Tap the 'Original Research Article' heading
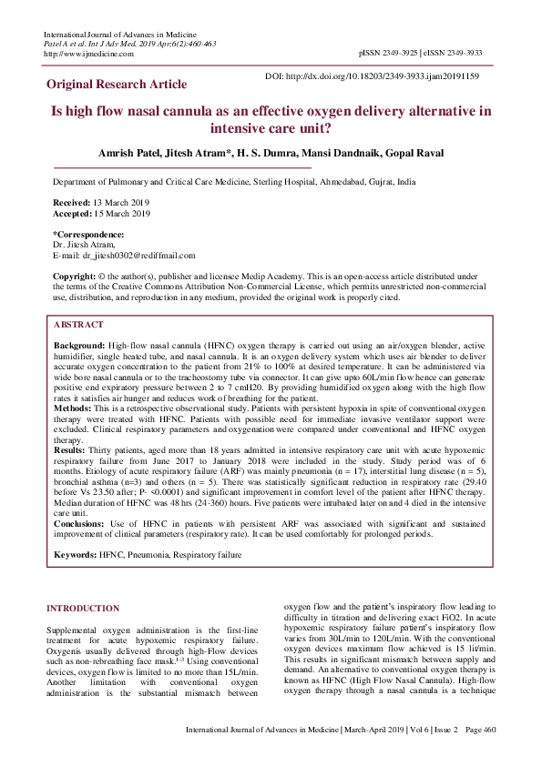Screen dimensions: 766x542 point(118,85)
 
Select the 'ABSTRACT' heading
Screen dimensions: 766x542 point(78,324)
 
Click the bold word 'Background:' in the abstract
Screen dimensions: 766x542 point(79,348)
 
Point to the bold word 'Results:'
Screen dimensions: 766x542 point(71,450)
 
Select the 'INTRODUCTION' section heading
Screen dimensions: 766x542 point(88,608)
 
